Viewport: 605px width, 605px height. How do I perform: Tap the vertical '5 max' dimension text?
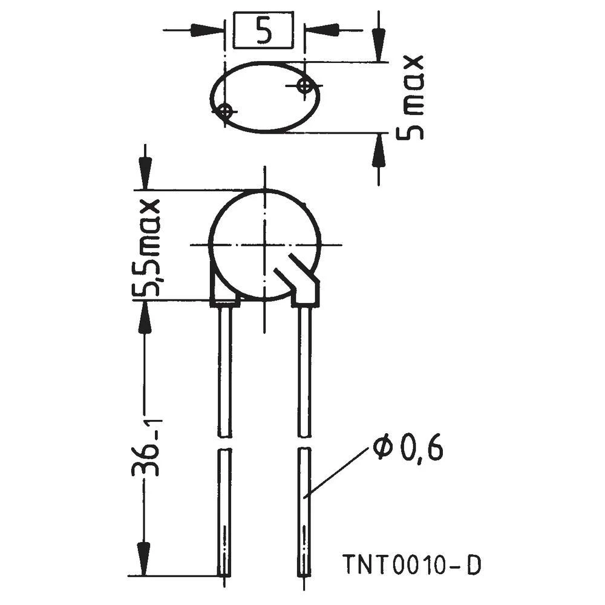click(x=410, y=97)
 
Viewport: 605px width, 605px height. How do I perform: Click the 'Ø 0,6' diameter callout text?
click(x=408, y=450)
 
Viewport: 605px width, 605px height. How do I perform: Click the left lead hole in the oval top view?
click(x=224, y=111)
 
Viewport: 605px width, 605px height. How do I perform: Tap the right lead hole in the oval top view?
click(x=306, y=85)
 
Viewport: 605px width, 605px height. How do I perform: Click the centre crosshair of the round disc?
click(x=264, y=245)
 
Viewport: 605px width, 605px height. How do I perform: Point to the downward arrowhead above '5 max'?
click(x=379, y=45)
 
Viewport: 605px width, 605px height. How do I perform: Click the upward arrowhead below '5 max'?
click(x=379, y=151)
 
